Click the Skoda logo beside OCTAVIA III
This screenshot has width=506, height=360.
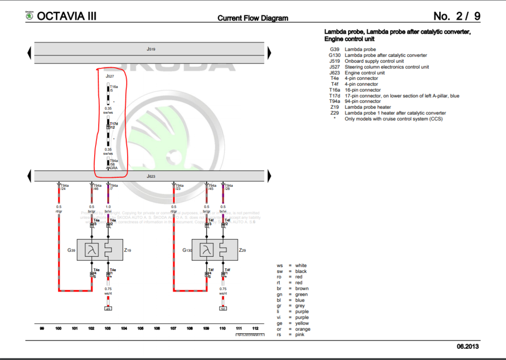point(30,17)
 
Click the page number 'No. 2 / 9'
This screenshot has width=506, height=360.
point(457,16)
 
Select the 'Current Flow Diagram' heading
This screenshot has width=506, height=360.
point(252,18)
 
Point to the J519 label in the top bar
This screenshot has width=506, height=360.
point(151,49)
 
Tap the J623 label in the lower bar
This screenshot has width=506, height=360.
point(151,176)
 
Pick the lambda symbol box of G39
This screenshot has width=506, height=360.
point(92,250)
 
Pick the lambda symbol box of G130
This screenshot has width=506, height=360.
point(206,250)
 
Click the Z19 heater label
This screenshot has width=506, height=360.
point(127,250)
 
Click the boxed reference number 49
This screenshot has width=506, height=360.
point(108,308)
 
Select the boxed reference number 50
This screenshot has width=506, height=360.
point(223,308)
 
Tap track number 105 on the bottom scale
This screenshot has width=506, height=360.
point(140,329)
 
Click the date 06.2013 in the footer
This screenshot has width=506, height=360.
point(468,346)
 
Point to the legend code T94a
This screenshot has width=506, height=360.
point(334,101)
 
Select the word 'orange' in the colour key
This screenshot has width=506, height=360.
point(303,329)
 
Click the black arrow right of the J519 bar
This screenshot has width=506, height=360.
point(270,52)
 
